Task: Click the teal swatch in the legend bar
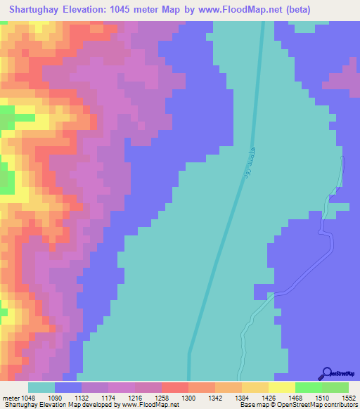point(41,387)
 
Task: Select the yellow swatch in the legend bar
point(281,387)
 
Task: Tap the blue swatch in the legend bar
point(68,387)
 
